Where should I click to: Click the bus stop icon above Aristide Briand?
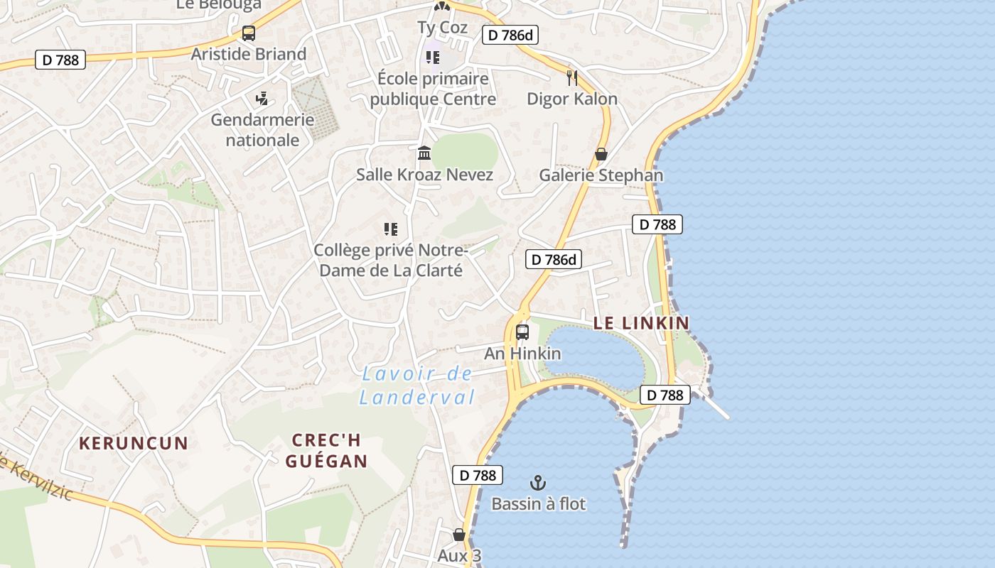pyautogui.click(x=248, y=33)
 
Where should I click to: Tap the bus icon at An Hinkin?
pyautogui.click(x=522, y=332)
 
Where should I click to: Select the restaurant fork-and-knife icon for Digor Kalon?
pyautogui.click(x=572, y=77)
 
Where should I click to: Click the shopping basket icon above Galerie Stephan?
pyautogui.click(x=601, y=154)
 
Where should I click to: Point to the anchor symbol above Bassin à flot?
pyautogui.click(x=538, y=484)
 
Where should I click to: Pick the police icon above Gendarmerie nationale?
pyautogui.click(x=262, y=98)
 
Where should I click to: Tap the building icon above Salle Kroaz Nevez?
pyautogui.click(x=424, y=153)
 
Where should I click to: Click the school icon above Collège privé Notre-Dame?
pyautogui.click(x=390, y=229)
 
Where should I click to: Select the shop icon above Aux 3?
pyautogui.click(x=459, y=535)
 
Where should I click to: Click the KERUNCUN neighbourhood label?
pyautogui.click(x=134, y=444)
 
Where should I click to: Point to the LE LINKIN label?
pyautogui.click(x=641, y=323)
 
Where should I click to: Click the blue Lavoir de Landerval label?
pyautogui.click(x=416, y=385)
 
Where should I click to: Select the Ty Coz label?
pyautogui.click(x=442, y=28)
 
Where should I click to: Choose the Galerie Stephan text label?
pyautogui.click(x=601, y=175)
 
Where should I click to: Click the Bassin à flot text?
pyautogui.click(x=539, y=504)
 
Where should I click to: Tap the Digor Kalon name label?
pyautogui.click(x=572, y=99)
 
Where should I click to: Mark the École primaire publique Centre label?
pyautogui.click(x=433, y=89)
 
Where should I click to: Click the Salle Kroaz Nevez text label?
pyautogui.click(x=424, y=175)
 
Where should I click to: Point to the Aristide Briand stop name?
pyautogui.click(x=249, y=54)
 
